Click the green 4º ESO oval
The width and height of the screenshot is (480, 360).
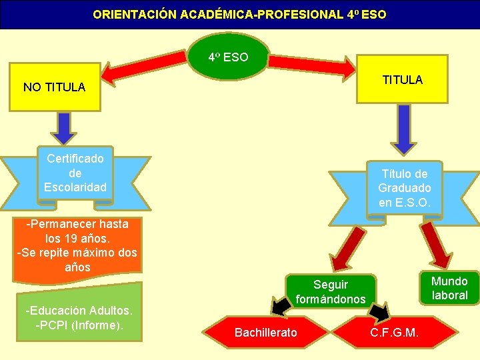coord(228,57)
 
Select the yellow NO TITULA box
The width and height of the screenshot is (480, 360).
coord(54,87)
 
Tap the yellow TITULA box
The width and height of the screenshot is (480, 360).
coord(402,80)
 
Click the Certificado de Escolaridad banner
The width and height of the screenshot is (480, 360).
coord(75,173)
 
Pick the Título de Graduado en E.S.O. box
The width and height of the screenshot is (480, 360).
coord(404,189)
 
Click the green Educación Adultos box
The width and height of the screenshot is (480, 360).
coord(79,313)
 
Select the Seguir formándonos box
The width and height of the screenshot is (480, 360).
coord(331,292)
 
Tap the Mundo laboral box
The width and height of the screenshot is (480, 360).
coord(449,287)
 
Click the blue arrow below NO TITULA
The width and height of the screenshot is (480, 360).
coord(63,129)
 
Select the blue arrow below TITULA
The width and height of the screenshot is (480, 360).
coord(403,129)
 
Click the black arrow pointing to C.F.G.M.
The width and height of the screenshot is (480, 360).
coord(379,309)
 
